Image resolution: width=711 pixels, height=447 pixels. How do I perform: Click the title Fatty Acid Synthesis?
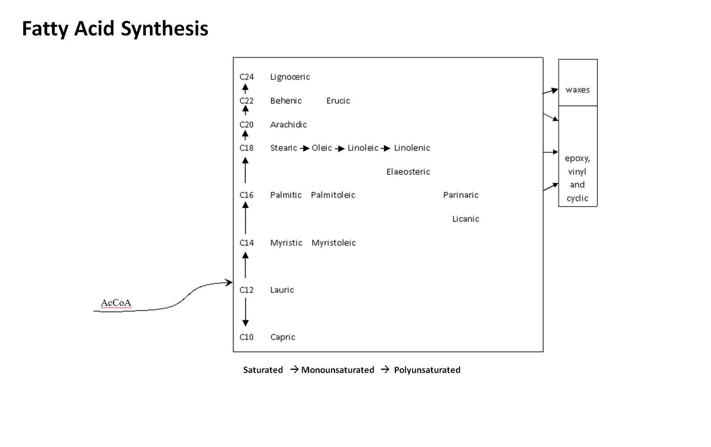pyautogui.click(x=115, y=29)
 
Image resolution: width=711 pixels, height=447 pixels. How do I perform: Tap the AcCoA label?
pyautogui.click(x=116, y=303)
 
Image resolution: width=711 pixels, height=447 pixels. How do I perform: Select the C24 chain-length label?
pyautogui.click(x=246, y=77)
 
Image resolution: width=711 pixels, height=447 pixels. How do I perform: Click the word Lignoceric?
pyautogui.click(x=290, y=77)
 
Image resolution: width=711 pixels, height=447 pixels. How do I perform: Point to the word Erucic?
pyautogui.click(x=338, y=101)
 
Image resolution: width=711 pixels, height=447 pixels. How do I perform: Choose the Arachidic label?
pyautogui.click(x=288, y=125)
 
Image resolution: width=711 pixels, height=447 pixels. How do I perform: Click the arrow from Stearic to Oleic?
pyautogui.click(x=304, y=148)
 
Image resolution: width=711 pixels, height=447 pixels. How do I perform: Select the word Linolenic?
pyautogui.click(x=412, y=148)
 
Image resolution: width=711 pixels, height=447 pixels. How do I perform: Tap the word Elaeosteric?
pyautogui.click(x=408, y=172)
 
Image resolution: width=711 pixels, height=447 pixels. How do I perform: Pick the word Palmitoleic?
pyautogui.click(x=333, y=195)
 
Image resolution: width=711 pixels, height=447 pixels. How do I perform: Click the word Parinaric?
pyautogui.click(x=461, y=195)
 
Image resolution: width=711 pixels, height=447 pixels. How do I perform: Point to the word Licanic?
pyautogui.click(x=465, y=219)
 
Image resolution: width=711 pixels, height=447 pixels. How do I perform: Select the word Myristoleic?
pyautogui.click(x=333, y=243)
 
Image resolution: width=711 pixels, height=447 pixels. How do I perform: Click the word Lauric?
pyautogui.click(x=282, y=290)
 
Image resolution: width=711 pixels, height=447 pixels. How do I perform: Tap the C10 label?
pyautogui.click(x=246, y=337)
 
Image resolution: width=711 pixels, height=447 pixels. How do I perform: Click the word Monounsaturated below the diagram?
pyautogui.click(x=337, y=370)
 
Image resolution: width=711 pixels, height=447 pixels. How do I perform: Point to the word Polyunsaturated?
pyautogui.click(x=427, y=370)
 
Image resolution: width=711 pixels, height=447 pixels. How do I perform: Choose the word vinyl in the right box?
pyautogui.click(x=577, y=172)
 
